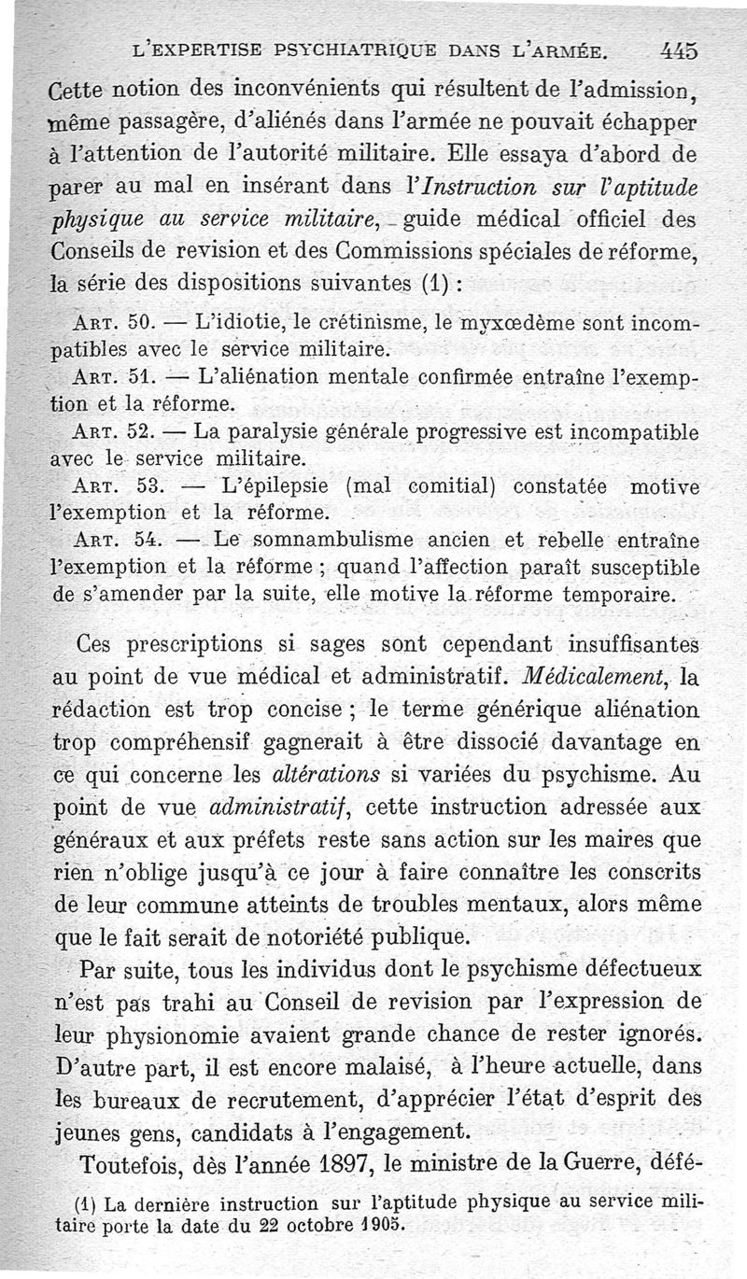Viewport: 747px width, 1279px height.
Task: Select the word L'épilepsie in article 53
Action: point(275,486)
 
